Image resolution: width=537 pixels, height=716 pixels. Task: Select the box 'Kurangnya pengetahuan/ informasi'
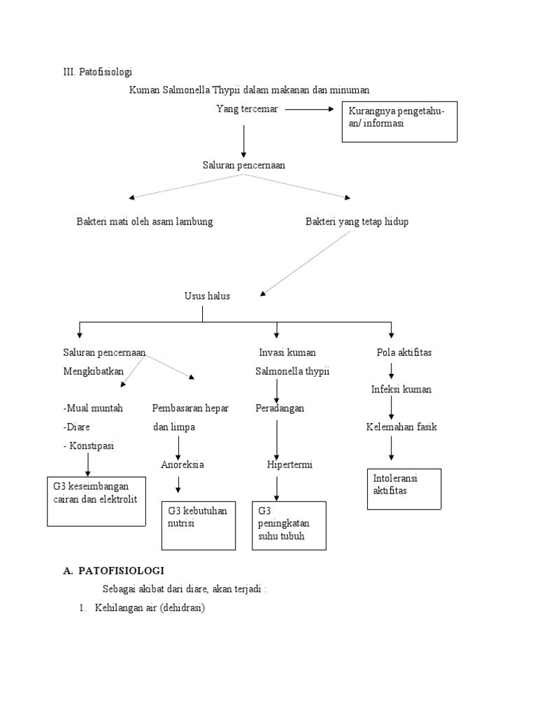(399, 122)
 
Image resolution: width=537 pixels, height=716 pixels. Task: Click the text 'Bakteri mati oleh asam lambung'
(145, 222)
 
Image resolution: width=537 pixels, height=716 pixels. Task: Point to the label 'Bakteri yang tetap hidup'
(357, 222)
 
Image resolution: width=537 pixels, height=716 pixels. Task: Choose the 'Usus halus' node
(207, 296)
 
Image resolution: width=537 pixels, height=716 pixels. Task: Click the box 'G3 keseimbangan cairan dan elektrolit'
(96, 500)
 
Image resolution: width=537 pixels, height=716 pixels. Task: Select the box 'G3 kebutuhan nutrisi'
(199, 524)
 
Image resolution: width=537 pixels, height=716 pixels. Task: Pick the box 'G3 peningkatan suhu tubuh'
(288, 525)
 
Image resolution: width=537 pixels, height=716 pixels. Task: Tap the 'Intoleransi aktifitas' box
(404, 488)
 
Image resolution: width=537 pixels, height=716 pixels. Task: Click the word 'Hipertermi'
(289, 464)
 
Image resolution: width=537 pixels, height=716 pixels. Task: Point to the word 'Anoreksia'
(182, 464)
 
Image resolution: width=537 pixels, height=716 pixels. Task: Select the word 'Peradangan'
(280, 408)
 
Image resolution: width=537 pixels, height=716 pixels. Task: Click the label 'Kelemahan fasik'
(401, 427)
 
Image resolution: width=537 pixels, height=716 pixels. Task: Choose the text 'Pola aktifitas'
(404, 352)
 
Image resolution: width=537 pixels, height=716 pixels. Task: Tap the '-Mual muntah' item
(93, 408)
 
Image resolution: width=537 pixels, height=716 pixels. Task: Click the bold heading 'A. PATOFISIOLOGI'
(113, 571)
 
